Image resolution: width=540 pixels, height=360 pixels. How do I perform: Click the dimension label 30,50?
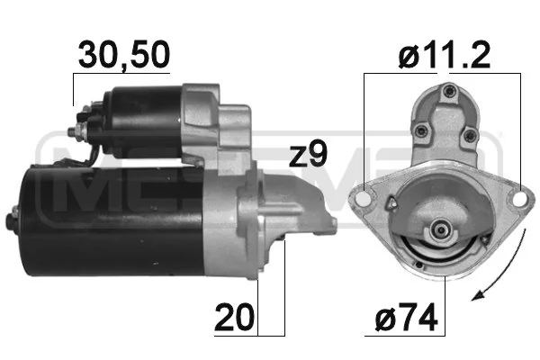point(124,55)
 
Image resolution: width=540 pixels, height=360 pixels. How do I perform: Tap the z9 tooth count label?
point(308,154)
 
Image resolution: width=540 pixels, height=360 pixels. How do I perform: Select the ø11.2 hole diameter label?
point(445,55)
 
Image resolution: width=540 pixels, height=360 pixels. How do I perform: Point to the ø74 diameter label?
point(407,317)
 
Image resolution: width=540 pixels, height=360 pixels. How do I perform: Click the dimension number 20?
point(234,317)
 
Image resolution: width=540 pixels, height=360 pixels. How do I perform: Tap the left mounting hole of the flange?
point(364,199)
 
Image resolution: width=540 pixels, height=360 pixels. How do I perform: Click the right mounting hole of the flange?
point(519,199)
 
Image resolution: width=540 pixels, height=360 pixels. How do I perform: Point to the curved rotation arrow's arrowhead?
point(479,294)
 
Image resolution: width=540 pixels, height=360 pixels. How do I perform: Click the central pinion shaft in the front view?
point(440,229)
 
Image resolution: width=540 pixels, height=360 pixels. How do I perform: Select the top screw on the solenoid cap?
point(448,91)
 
